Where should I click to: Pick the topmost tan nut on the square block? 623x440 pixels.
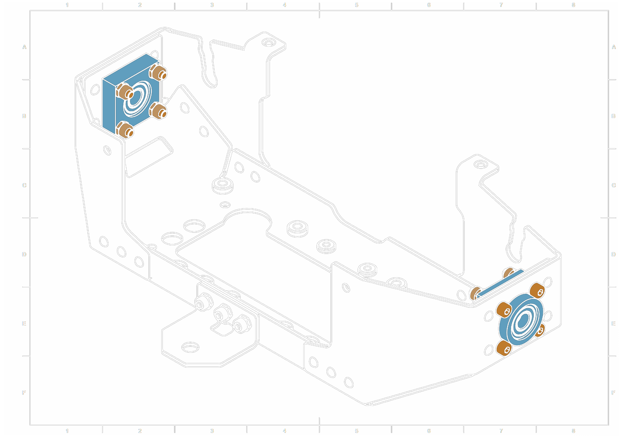[158, 72]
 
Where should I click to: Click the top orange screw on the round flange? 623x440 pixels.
[537, 290]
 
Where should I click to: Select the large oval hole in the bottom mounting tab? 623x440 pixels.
[190, 347]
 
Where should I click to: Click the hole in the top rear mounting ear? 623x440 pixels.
[269, 43]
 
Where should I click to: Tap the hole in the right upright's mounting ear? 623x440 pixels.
[480, 165]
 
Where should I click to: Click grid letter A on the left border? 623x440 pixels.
[24, 47]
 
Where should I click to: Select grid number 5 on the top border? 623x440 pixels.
[356, 5]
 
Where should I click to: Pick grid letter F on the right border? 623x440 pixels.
[614, 392]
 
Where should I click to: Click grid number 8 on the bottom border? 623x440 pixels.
[573, 431]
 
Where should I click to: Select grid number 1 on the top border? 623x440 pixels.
[67, 5]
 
